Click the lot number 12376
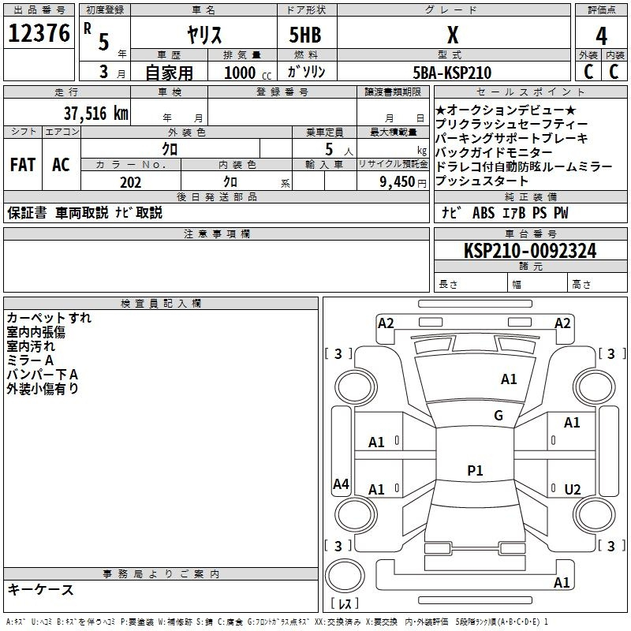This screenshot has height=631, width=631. [x=39, y=33]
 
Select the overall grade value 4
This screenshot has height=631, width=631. [x=601, y=35]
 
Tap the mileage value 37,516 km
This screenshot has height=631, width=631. [x=95, y=114]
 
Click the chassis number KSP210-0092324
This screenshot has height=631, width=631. [x=530, y=251]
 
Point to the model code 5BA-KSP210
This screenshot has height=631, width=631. [x=452, y=73]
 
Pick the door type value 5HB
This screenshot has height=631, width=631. [x=305, y=35]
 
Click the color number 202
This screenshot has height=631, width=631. [x=130, y=182]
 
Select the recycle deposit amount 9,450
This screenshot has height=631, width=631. [x=398, y=182]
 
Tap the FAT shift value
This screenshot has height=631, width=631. [x=23, y=165]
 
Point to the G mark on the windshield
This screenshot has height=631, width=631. [x=498, y=415]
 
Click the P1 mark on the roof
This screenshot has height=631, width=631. [x=475, y=470]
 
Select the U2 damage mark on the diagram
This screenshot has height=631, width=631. [x=573, y=489]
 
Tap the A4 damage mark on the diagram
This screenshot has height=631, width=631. [x=341, y=484]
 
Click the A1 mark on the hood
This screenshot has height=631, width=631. [x=509, y=379]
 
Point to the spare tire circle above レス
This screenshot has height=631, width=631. [x=345, y=576]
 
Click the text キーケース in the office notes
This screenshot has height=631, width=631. [x=40, y=589]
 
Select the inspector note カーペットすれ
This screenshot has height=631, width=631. [x=49, y=318]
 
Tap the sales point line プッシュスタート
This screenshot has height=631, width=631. [x=481, y=181]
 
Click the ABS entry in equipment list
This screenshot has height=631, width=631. [x=484, y=212]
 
